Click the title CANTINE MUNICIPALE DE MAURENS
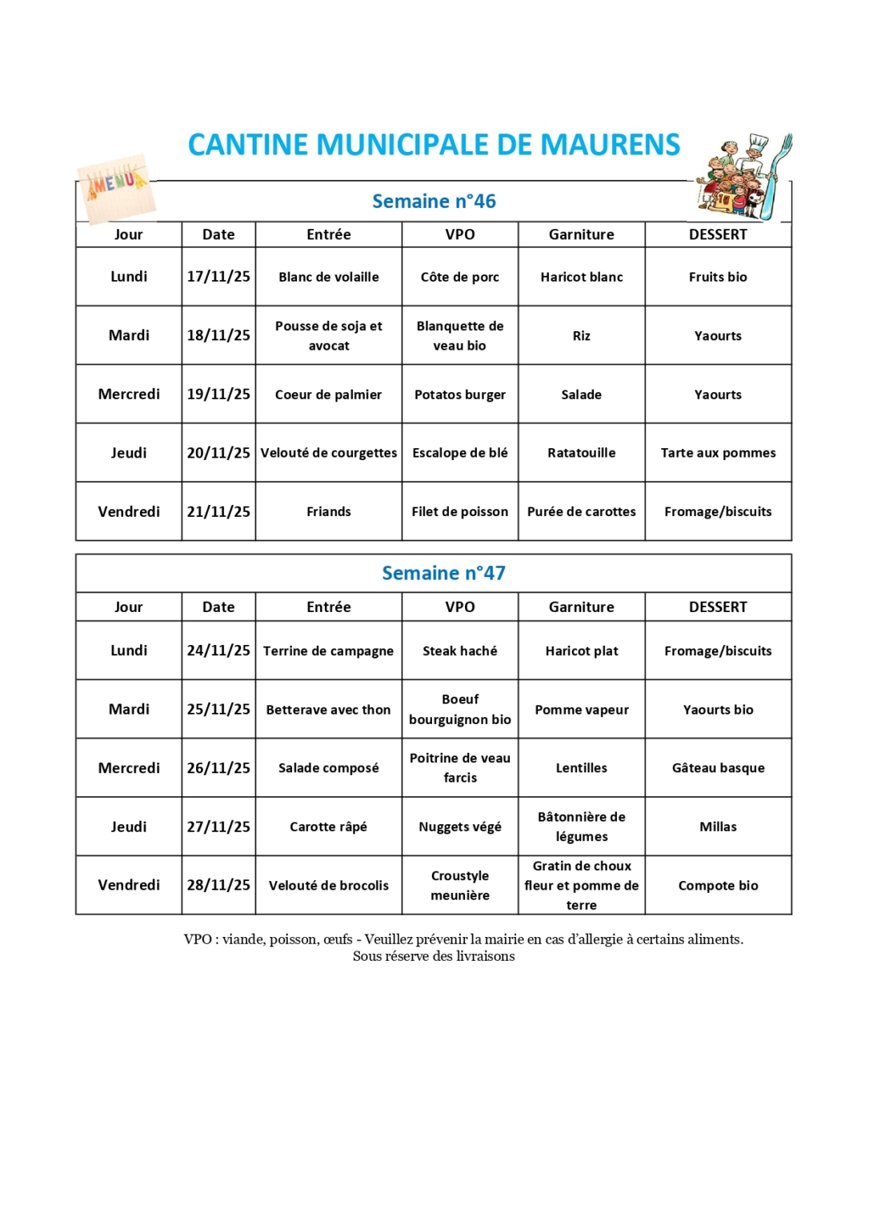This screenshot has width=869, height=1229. (434, 145)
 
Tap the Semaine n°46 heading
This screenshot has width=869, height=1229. (434, 202)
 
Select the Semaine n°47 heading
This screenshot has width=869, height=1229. (443, 573)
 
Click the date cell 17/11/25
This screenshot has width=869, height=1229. (218, 277)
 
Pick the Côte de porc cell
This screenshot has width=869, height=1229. (459, 277)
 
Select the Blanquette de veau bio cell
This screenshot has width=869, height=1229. (459, 336)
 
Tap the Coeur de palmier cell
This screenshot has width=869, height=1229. (328, 394)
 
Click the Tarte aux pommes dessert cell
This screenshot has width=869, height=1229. (718, 453)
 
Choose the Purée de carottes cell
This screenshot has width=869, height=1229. (581, 511)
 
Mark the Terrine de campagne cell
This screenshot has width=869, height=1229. (328, 651)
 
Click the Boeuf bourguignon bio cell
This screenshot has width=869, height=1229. (459, 710)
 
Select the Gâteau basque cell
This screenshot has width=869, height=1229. (718, 768)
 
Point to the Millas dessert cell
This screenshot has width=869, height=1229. (718, 827)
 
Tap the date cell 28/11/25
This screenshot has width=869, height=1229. (218, 885)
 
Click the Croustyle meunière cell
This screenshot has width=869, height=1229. (459, 885)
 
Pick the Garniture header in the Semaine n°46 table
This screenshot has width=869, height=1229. (581, 234)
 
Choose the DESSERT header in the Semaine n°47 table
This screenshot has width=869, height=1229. (718, 607)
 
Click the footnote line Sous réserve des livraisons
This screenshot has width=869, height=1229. (434, 956)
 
